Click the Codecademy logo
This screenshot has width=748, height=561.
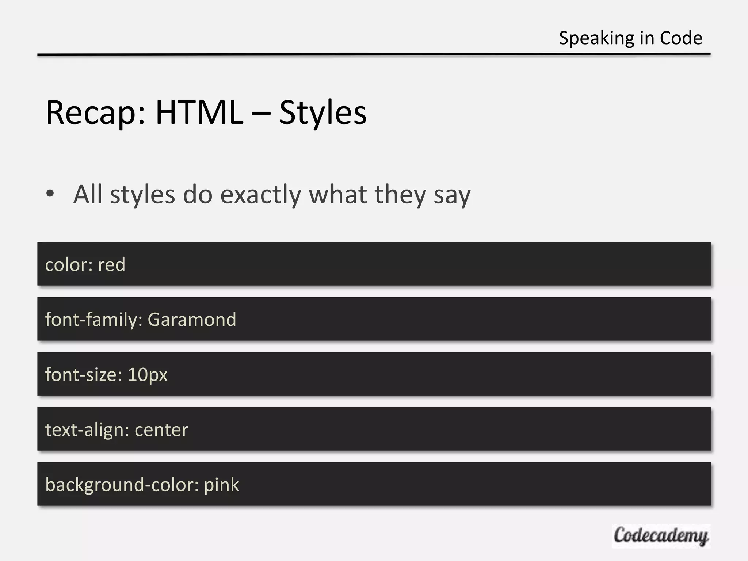point(661,536)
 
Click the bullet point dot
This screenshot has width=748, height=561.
point(50,194)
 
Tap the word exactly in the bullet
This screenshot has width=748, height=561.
point(260,195)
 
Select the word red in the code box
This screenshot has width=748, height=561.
point(112,264)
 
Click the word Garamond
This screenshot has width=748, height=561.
point(192,320)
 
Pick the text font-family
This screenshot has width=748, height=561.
point(93,320)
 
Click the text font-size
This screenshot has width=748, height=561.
point(83,375)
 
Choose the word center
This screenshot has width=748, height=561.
point(161,430)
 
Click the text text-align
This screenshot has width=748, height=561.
point(87,430)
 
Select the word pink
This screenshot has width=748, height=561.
point(221,485)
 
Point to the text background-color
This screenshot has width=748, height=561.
point(122,485)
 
